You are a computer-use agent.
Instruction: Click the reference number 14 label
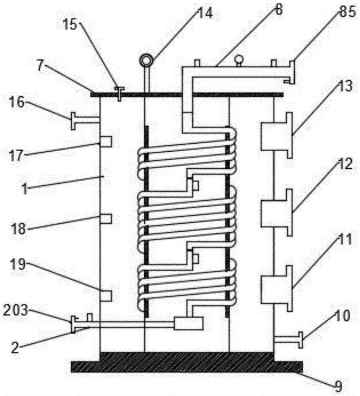click(x=205, y=13)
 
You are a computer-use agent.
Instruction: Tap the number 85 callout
click(x=347, y=11)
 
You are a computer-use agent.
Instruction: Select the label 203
click(x=15, y=310)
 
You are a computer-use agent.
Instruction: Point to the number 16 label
click(x=17, y=103)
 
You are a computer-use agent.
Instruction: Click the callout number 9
click(x=338, y=386)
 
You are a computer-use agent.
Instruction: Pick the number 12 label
click(x=344, y=165)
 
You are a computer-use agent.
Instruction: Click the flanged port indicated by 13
click(x=277, y=135)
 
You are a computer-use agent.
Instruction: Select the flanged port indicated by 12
click(x=277, y=212)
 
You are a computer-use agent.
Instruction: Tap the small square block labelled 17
click(x=106, y=141)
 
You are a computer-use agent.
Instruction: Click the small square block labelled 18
click(x=106, y=219)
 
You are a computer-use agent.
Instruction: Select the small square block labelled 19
click(x=106, y=296)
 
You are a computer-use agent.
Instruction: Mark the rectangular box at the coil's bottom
click(x=188, y=324)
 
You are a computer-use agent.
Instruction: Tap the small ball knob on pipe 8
click(x=238, y=60)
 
